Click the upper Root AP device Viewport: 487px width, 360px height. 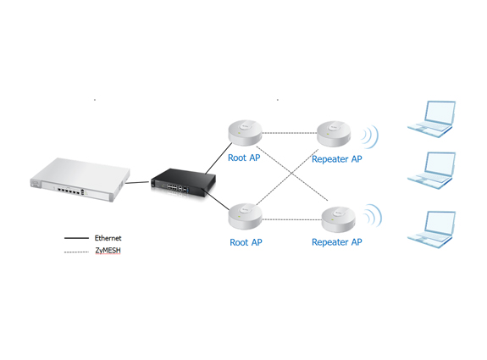click(x=245, y=132)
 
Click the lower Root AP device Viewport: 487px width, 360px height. click(x=245, y=216)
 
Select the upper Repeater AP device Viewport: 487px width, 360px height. click(x=334, y=134)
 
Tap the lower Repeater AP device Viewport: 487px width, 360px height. click(x=338, y=219)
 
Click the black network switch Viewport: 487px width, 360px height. click(x=183, y=182)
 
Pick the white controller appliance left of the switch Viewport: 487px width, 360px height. click(x=80, y=180)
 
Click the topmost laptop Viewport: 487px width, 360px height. click(x=432, y=119)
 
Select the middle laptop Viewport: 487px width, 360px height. click(x=432, y=170)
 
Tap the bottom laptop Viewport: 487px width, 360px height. click(x=432, y=230)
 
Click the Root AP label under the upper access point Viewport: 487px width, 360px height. click(x=244, y=158)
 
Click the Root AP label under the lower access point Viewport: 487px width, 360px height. click(x=246, y=242)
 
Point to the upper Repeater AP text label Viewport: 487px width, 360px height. click(x=337, y=159)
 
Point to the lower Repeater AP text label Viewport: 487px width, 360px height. click(x=337, y=242)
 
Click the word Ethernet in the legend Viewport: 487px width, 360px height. click(x=108, y=238)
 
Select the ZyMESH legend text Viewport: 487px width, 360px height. click(x=108, y=251)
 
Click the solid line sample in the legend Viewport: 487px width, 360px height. click(x=76, y=238)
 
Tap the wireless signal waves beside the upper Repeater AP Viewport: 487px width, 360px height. click(x=370, y=136)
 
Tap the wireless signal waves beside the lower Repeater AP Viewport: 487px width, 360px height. click(x=373, y=215)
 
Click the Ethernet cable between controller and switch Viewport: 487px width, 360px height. click(x=137, y=182)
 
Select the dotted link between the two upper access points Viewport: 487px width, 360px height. click(x=290, y=133)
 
